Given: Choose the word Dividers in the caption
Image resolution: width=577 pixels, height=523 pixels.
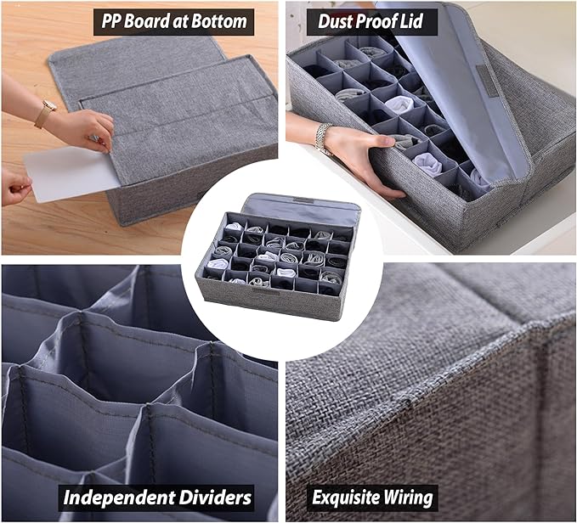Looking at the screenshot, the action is (x=215, y=498).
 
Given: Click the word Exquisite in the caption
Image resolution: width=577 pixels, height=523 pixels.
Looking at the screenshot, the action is (x=341, y=498).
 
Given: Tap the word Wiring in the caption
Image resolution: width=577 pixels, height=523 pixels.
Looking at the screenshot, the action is (x=403, y=498).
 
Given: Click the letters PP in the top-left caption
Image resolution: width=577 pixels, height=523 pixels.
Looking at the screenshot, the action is (x=110, y=22).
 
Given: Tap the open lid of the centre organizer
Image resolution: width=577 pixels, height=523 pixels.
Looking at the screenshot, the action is (x=301, y=208).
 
